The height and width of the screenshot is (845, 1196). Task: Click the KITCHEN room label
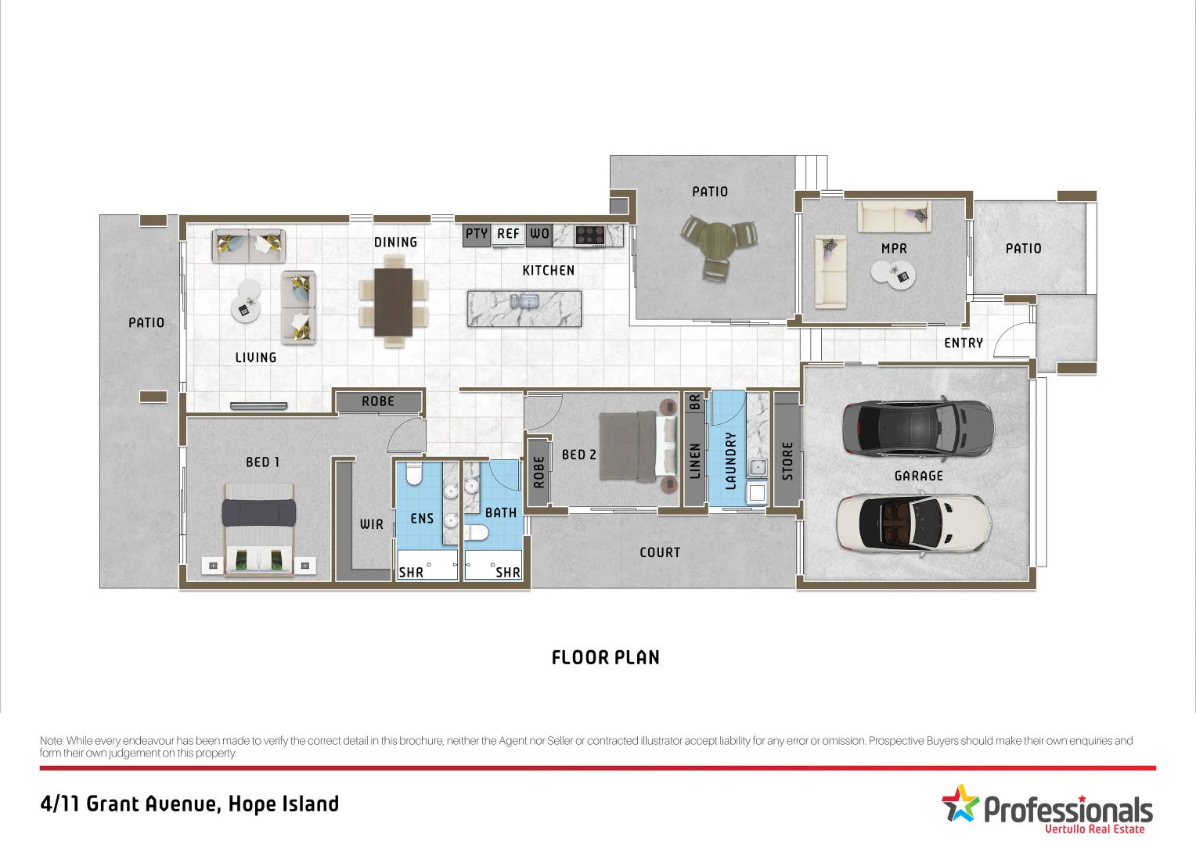[548, 271]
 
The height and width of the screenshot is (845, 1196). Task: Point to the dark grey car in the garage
[917, 427]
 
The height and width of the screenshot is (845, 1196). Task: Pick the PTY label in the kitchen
[476, 234]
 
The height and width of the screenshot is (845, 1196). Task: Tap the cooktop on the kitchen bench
[590, 234]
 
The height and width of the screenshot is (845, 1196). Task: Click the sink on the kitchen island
[524, 302]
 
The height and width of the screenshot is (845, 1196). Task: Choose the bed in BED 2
[637, 446]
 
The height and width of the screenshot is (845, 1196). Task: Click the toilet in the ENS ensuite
[414, 474]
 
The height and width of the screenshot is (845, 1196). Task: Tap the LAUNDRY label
[730, 461]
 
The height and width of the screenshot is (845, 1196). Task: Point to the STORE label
[787, 461]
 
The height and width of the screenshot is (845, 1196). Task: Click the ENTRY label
[963, 343]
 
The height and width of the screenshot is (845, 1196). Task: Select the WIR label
[372, 524]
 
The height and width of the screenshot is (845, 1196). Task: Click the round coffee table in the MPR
[892, 274]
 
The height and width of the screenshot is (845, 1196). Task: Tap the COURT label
[660, 552]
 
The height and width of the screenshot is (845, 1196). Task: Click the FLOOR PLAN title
[605, 658]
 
